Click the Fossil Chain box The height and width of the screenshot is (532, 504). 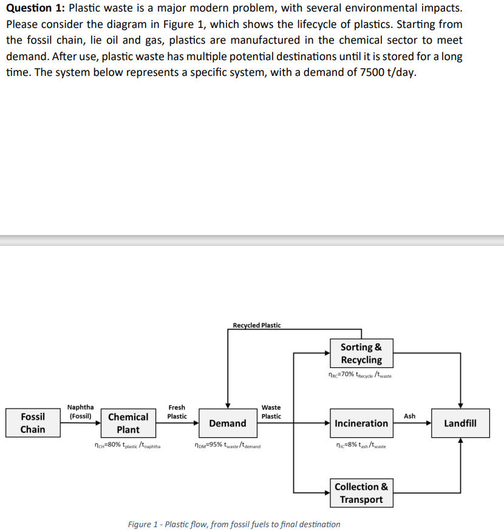33,423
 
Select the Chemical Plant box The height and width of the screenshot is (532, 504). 128,423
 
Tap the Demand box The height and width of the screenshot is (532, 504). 228,423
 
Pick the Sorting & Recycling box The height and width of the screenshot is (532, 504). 361,353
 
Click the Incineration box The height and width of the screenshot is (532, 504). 361,423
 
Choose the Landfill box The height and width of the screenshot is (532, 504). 460,423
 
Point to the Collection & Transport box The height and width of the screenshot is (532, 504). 361,493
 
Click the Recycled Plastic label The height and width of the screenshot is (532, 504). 257,326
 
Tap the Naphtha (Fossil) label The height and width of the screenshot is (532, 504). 80,412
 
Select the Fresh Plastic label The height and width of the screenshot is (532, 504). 177,412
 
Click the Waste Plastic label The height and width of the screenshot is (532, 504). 271,412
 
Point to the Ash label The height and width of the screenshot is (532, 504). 410,416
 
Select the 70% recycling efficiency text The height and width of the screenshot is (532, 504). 359,375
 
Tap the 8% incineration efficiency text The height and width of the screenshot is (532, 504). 361,446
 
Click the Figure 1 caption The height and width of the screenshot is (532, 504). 234,523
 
